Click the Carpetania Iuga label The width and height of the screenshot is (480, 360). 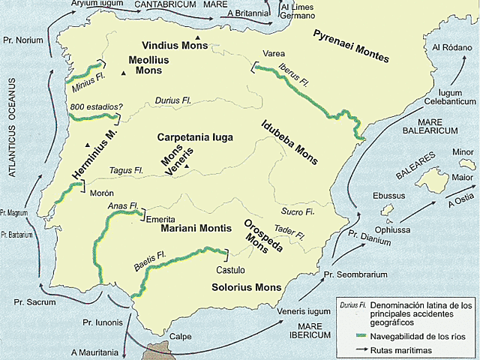point(195,138)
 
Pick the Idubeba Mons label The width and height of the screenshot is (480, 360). point(289,142)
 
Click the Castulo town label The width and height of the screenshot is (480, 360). point(230,269)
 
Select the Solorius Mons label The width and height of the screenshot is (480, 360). point(245,287)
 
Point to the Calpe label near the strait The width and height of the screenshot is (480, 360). point(181,337)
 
